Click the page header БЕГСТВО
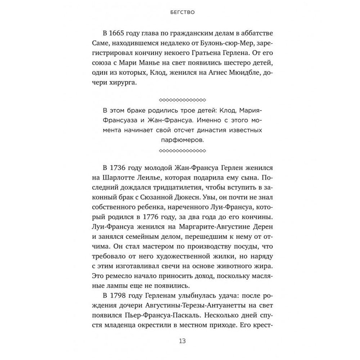click(x=180, y=12)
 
